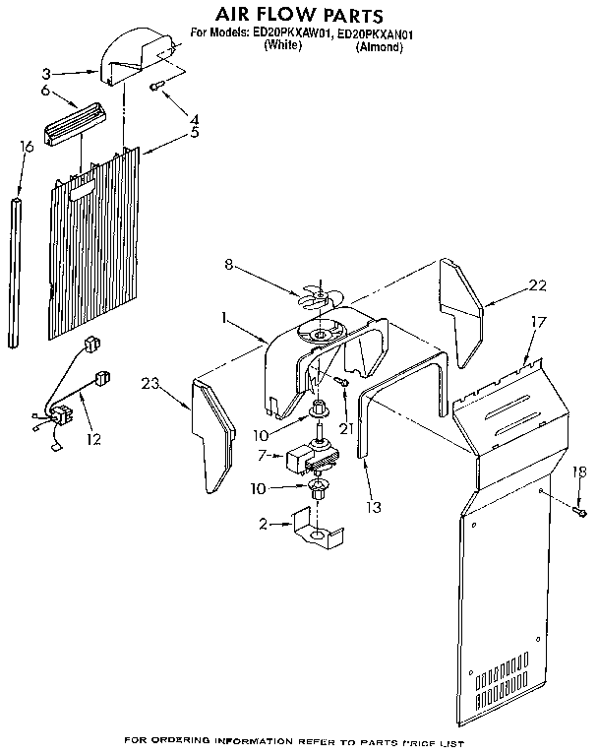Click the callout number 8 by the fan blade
[x=227, y=263]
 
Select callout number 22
[x=537, y=285]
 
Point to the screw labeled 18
[x=581, y=513]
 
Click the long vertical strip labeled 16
[x=15, y=271]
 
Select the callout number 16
[x=27, y=147]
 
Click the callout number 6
[x=45, y=91]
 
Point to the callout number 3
[x=45, y=72]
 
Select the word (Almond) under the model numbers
[x=379, y=46]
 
